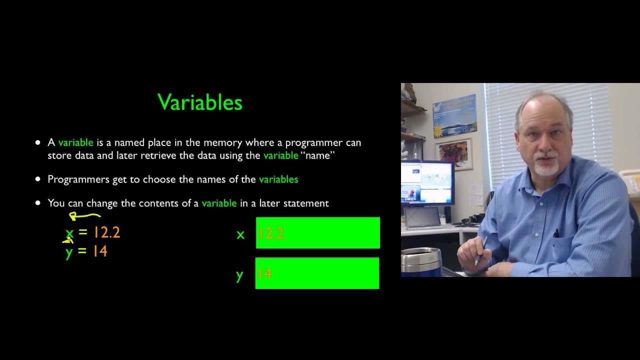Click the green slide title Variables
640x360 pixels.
[x=200, y=102]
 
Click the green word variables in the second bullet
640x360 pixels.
[x=278, y=179]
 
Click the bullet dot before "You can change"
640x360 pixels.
[x=38, y=203]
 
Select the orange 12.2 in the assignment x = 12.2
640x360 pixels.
[x=106, y=233]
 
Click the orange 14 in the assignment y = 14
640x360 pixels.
[x=100, y=251]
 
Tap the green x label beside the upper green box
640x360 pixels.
[x=240, y=234]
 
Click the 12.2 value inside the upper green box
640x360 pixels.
[x=270, y=233]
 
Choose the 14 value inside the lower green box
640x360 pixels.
[x=264, y=273]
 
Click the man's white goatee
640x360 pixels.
[x=546, y=167]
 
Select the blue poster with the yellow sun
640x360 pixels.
[x=454, y=116]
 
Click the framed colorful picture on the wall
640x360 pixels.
[x=453, y=153]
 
